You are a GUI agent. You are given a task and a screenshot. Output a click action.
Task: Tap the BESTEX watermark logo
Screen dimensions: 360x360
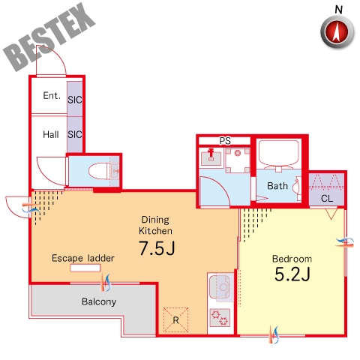49,37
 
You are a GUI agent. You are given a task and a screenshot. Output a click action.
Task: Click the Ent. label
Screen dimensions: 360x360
52,95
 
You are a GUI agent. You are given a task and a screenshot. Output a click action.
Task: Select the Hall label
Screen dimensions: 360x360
51,134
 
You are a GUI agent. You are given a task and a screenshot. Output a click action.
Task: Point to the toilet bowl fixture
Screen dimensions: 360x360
100,171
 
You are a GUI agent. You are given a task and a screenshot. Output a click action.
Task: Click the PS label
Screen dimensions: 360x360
225,141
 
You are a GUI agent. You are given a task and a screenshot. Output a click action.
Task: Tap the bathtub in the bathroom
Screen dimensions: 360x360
279,154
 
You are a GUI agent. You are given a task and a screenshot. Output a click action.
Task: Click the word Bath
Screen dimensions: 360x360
277,186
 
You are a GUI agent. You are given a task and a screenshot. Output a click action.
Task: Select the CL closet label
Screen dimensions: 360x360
327,199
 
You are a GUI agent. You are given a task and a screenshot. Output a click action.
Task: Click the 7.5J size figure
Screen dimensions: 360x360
157,248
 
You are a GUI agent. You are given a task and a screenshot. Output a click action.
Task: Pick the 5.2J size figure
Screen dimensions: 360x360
292,274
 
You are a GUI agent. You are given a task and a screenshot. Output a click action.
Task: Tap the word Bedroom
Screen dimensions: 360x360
292,259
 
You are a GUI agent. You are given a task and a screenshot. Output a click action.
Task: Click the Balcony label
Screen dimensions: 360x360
99,301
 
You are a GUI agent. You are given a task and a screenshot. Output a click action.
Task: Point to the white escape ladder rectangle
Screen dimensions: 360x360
85,268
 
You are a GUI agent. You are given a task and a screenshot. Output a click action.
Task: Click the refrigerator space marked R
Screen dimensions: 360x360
175,319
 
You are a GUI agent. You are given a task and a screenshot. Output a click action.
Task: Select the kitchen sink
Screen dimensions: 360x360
220,286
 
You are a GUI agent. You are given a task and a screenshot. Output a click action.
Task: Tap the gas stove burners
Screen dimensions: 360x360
220,318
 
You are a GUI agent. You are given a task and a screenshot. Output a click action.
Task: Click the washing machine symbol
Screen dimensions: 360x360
238,160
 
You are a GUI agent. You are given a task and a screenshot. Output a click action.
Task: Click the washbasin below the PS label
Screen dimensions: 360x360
211,157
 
